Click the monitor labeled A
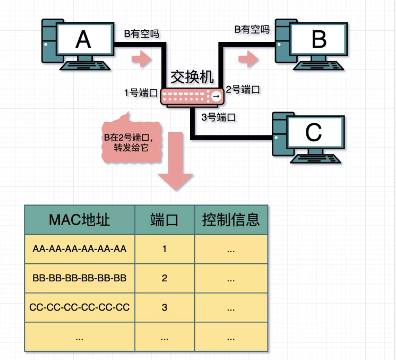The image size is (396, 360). [84, 40]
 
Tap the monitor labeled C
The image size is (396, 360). [314, 133]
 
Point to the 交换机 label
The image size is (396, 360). [192, 78]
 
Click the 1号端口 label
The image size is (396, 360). [141, 93]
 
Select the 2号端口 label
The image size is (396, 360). [243, 90]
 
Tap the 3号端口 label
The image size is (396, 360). [219, 117]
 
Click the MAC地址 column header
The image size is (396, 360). [79, 220]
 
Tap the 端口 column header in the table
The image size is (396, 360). [164, 220]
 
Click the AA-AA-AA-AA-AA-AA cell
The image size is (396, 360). [79, 249]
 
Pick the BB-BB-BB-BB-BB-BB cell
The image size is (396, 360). [79, 278]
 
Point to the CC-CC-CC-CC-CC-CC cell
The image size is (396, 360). [79, 307]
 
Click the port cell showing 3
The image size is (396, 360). [164, 307]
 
